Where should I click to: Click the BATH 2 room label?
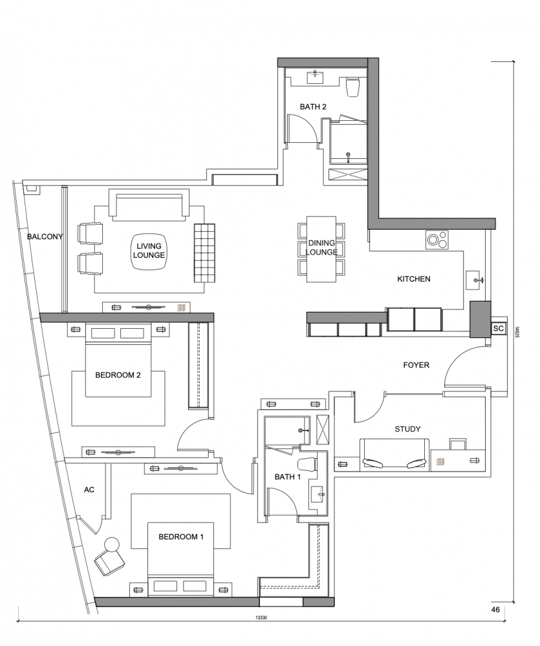pyautogui.click(x=313, y=107)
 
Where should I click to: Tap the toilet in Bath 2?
pyautogui.click(x=352, y=87)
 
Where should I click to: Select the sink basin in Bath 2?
pyautogui.click(x=316, y=77)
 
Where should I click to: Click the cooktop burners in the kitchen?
pyautogui.click(x=437, y=240)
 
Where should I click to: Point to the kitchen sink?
pyautogui.click(x=475, y=280)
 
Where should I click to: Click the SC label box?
pyautogui.click(x=499, y=328)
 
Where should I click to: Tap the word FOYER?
pyautogui.click(x=416, y=364)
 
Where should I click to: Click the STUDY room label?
pyautogui.click(x=407, y=429)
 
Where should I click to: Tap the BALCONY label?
pyautogui.click(x=45, y=236)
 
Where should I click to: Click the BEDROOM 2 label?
pyautogui.click(x=118, y=375)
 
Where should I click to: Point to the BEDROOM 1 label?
pyautogui.click(x=181, y=536)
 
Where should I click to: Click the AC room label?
pyautogui.click(x=89, y=490)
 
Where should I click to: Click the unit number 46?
pyautogui.click(x=495, y=609)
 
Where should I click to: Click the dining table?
pyautogui.click(x=321, y=249)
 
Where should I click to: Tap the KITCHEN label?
pyautogui.click(x=413, y=279)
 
